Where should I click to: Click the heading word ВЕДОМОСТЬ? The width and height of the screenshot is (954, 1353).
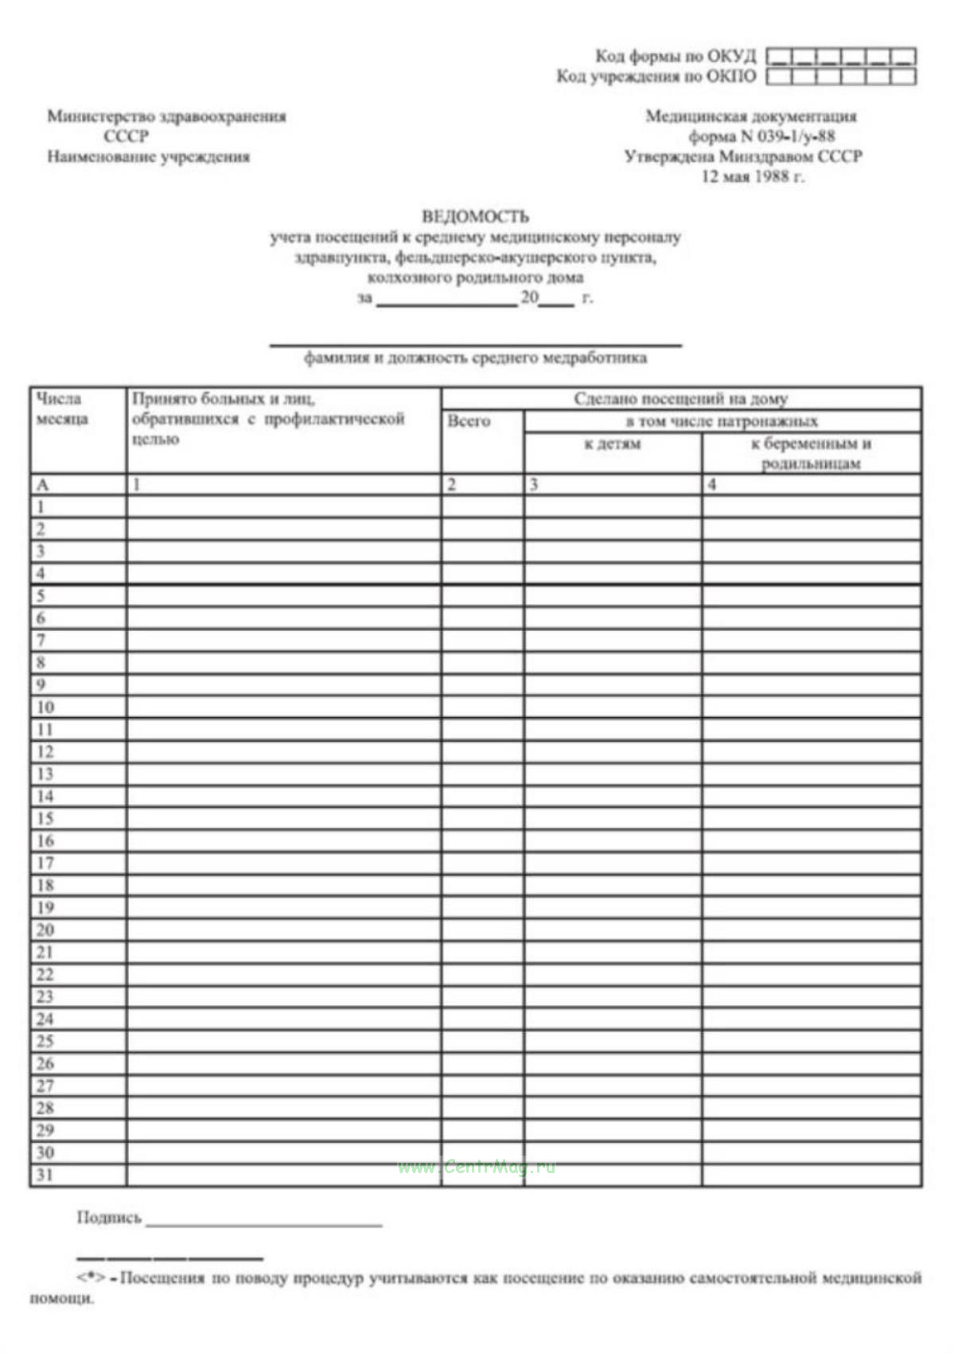point(475,216)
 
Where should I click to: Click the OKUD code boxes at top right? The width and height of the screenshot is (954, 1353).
point(841,57)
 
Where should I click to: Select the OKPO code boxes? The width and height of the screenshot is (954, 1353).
point(841,76)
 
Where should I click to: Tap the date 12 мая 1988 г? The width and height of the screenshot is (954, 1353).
point(752,177)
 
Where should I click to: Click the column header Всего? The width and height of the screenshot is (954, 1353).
point(469,421)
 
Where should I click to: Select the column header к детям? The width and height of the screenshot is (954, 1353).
point(612,444)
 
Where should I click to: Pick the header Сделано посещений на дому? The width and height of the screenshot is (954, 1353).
point(680,399)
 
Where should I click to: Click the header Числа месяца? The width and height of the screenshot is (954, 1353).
point(61,409)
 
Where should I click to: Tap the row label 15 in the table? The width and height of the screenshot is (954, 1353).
point(45,818)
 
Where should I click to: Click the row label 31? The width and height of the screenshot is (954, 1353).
point(45,1175)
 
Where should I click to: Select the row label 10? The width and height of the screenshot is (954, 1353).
point(45,707)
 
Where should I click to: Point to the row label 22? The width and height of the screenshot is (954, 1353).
point(45,974)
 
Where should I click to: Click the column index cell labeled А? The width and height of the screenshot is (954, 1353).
point(43,485)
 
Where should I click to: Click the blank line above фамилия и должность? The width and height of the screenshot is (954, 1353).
point(475,343)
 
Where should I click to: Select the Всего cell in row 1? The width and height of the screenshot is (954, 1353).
point(482,507)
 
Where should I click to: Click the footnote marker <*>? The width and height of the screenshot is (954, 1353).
point(92,1278)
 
